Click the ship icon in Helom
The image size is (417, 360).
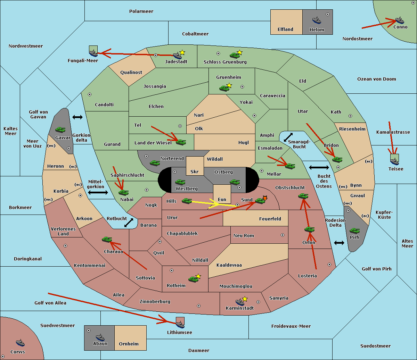(x=317, y=20)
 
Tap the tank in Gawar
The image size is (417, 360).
(x=60, y=129)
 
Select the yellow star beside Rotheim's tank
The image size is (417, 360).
(x=198, y=276)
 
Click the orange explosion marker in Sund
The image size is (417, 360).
(x=265, y=198)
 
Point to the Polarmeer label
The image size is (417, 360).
(x=141, y=11)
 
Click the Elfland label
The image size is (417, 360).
(x=285, y=30)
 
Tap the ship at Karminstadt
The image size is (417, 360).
(x=240, y=302)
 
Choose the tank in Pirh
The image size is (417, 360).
(x=354, y=231)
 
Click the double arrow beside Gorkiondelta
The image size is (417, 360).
(x=77, y=117)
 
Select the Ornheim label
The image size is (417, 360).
(x=129, y=344)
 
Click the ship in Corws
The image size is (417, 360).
(x=20, y=343)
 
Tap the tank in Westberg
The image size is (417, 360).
(x=180, y=182)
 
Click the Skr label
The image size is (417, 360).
(x=195, y=171)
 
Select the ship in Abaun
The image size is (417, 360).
(x=100, y=337)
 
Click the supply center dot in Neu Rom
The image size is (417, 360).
(x=283, y=235)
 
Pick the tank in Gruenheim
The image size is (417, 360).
(x=224, y=88)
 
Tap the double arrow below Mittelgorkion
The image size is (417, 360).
(x=98, y=192)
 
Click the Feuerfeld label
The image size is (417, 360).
(x=270, y=219)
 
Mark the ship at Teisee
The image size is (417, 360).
(x=394, y=161)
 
